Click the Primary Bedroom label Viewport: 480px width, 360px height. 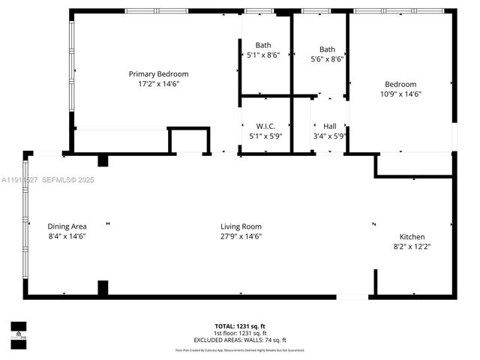158,73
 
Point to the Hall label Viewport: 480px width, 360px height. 330,126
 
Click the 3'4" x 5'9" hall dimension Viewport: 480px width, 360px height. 330,136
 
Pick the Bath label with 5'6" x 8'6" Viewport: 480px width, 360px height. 327,49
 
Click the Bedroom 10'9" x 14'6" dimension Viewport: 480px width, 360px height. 400,94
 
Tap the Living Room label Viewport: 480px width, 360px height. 241,226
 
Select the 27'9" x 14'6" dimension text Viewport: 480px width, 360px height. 241,236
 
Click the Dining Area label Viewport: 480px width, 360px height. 67,226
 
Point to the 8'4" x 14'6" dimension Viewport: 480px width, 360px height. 67,236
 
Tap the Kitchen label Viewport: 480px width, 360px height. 412,235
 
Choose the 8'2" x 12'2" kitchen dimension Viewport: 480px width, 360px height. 412,246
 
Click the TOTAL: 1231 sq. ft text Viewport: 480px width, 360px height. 241,326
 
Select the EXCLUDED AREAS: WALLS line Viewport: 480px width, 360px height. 241,340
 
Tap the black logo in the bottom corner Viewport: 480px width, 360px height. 18,330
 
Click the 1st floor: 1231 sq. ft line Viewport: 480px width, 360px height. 241,333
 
